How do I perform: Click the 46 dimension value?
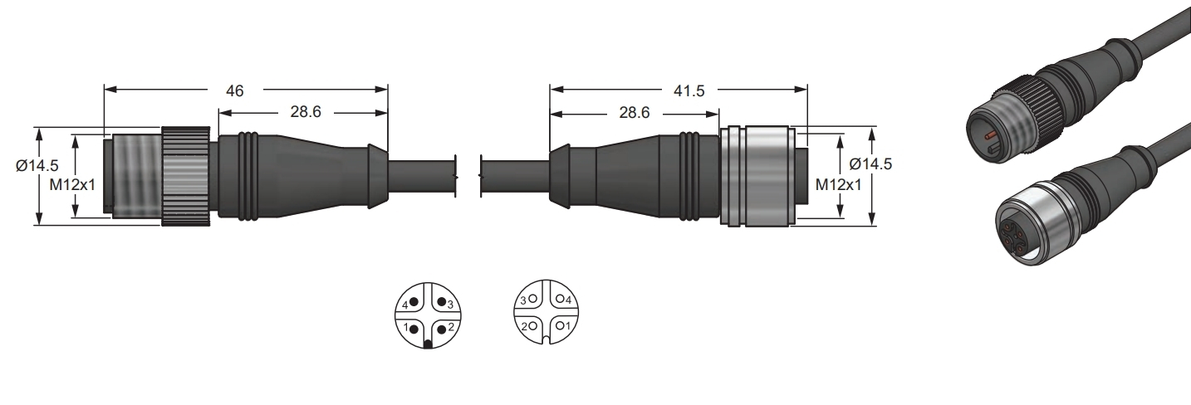click(x=234, y=91)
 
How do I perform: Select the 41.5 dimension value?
click(x=689, y=91)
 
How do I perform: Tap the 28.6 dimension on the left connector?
click(x=306, y=111)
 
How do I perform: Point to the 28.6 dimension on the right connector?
click(x=635, y=112)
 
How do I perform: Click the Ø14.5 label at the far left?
click(x=37, y=165)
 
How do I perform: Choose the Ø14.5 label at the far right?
click(x=871, y=163)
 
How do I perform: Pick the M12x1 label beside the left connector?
click(x=72, y=185)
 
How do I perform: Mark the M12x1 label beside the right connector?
click(x=839, y=185)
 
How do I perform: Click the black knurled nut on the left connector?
click(x=186, y=177)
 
